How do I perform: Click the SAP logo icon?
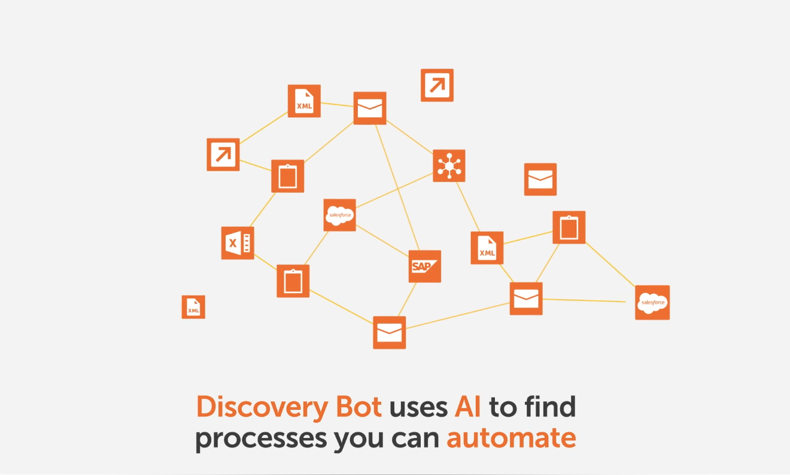(425, 266)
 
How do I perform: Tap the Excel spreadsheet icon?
(238, 243)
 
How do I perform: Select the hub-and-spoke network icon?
(449, 166)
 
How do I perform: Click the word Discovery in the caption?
(262, 407)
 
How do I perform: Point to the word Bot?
(358, 407)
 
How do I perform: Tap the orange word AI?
(467, 407)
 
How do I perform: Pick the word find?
(551, 407)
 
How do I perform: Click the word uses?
(418, 409)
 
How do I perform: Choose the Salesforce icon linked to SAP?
(339, 215)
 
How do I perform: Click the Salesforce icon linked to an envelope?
(652, 303)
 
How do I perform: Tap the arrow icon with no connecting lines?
(437, 85)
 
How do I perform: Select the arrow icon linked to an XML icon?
(223, 154)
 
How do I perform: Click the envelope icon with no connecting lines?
(540, 179)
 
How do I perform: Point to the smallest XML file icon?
(193, 307)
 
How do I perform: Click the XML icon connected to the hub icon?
(487, 248)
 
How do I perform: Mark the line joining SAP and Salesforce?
(382, 241)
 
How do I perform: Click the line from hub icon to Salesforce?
(394, 190)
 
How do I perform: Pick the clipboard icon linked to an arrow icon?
(288, 176)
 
